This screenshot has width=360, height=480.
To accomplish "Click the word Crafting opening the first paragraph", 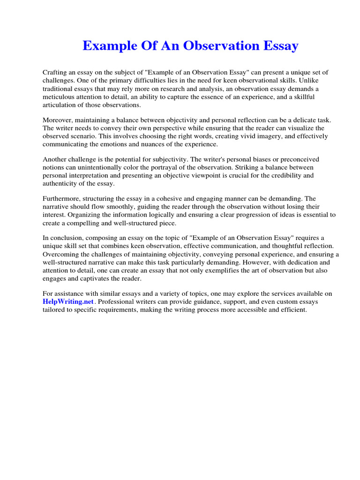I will tap(56, 73).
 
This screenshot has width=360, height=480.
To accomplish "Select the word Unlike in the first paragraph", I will tap(320, 81).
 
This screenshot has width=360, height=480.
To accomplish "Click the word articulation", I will tap(60, 105).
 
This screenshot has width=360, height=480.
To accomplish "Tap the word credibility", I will tap(279, 175).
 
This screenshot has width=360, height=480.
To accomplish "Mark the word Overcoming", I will tap(62, 254).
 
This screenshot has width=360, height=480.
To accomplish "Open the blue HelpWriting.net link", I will tap(68, 302).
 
